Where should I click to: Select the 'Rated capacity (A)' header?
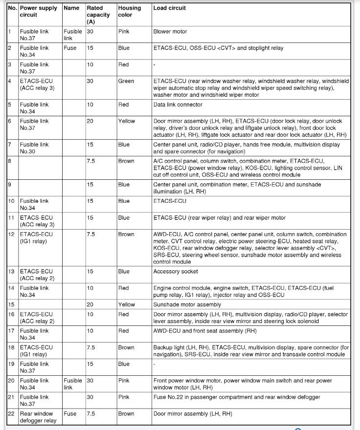pos(98,15)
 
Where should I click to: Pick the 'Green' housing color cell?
pos(126,81)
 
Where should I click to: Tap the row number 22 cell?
pos(11,414)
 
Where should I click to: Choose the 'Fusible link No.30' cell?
pos(34,148)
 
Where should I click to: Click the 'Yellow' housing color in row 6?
pos(126,121)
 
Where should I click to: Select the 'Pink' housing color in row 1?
pos(123,32)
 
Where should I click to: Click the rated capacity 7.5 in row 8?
pos(91,161)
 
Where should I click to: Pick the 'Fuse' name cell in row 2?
pos(70,48)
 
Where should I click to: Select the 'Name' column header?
pos(71,8)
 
